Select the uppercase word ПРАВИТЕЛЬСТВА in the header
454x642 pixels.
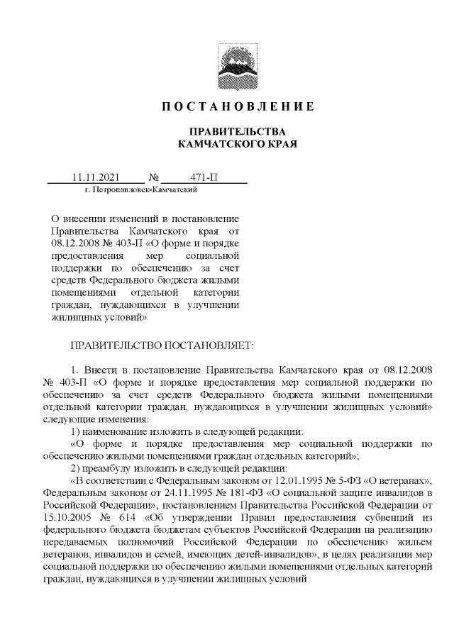pos(237,132)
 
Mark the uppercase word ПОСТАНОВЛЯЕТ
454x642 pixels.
pos(208,346)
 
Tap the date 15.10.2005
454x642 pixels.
pos(66,518)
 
